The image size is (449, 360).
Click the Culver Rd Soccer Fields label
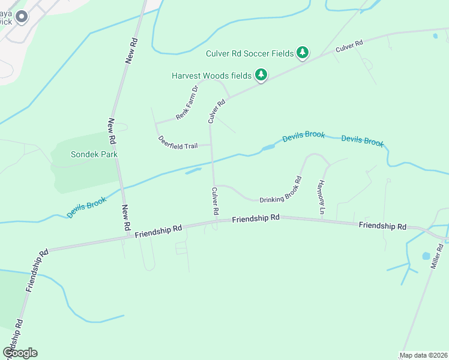point(249,53)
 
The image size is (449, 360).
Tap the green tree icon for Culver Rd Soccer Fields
point(303,53)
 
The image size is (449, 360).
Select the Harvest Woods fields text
point(211,76)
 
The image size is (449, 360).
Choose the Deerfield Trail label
point(178,142)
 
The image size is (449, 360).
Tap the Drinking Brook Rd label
point(280,189)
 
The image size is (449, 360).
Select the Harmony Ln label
point(321,197)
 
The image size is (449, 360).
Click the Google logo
point(20,353)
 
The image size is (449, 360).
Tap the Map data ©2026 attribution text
point(423,355)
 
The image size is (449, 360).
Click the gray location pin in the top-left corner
point(22,17)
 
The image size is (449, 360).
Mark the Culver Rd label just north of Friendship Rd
point(214,202)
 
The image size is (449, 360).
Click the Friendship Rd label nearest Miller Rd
point(382,226)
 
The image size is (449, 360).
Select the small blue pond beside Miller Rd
point(426,256)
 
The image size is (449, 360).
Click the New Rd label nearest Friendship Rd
point(126,218)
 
